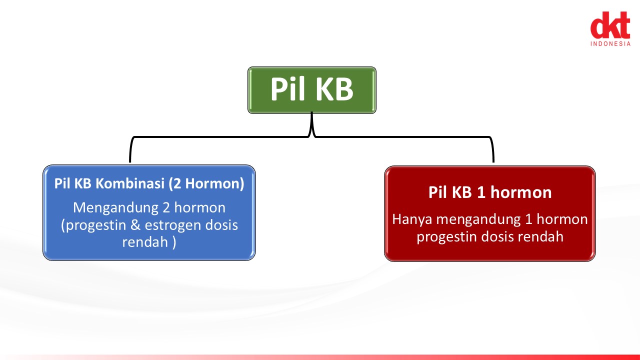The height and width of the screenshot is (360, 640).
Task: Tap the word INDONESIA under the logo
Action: tap(610, 43)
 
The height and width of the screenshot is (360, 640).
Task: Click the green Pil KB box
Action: tap(311, 90)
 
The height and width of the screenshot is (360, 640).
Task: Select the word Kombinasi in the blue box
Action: tap(130, 183)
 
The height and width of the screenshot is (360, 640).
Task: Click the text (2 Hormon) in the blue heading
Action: tap(206, 183)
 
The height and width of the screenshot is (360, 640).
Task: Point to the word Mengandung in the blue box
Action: tap(115, 208)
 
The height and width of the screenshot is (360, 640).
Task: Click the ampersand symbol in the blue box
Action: tap(135, 225)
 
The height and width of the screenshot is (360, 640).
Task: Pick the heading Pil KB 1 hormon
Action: tap(490, 192)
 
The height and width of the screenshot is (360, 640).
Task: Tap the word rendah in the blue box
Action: tap(145, 242)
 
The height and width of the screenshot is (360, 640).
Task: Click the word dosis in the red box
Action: tap(497, 237)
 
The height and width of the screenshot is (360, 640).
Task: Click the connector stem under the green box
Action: tap(311, 124)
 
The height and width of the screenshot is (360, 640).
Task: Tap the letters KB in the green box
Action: tap(335, 89)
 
